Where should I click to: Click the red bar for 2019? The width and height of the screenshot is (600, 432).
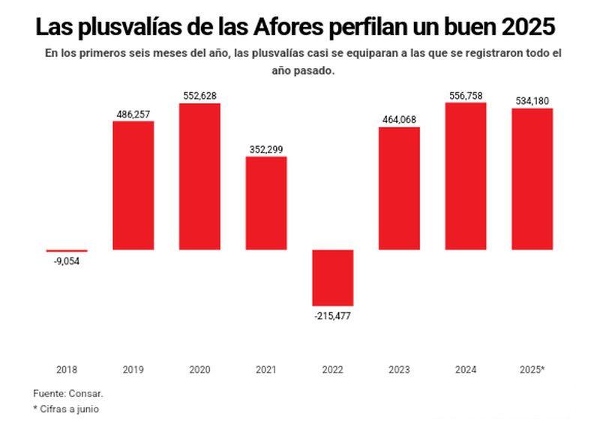click(x=133, y=185)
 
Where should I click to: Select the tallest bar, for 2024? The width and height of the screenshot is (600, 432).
click(x=466, y=176)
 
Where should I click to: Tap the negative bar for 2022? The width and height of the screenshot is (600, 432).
click(x=333, y=277)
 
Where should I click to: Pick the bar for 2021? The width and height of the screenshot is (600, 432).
click(x=266, y=203)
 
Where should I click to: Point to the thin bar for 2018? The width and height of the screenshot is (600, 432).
click(x=67, y=251)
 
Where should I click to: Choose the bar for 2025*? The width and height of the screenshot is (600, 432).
click(x=532, y=179)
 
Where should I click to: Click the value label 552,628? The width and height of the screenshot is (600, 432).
click(x=199, y=96)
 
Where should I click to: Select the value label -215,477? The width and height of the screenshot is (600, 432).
click(x=333, y=315)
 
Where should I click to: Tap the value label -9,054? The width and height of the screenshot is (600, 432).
click(x=67, y=261)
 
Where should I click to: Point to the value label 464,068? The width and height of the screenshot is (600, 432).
click(x=399, y=120)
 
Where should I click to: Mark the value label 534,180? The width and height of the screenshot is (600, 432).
click(x=532, y=101)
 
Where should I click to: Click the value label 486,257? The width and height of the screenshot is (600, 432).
click(x=133, y=114)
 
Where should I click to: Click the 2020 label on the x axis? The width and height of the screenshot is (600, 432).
click(x=199, y=370)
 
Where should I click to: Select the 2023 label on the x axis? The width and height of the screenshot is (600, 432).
click(x=399, y=370)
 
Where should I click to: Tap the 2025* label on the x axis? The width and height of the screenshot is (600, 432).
click(x=532, y=370)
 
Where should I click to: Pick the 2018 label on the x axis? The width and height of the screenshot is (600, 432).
click(x=67, y=370)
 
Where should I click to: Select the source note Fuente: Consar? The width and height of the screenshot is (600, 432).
click(x=68, y=393)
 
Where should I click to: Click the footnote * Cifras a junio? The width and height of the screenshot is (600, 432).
click(x=66, y=410)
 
